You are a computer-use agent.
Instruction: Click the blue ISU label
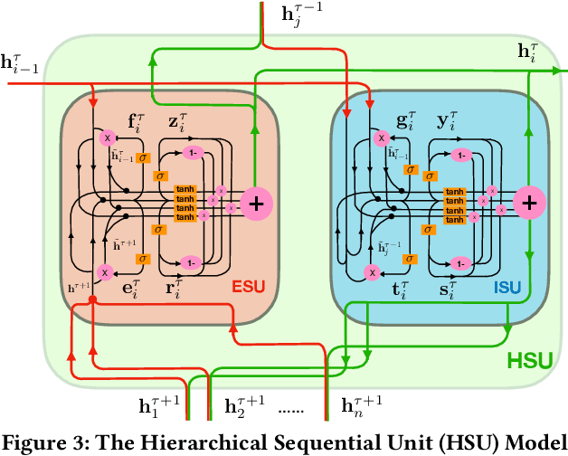pos(507,289)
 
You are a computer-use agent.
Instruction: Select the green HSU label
pos(528,360)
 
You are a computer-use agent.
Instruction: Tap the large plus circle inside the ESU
pos(256,204)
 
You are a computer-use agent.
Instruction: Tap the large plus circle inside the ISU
pos(526,204)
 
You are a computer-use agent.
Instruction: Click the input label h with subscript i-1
pos(21,62)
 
